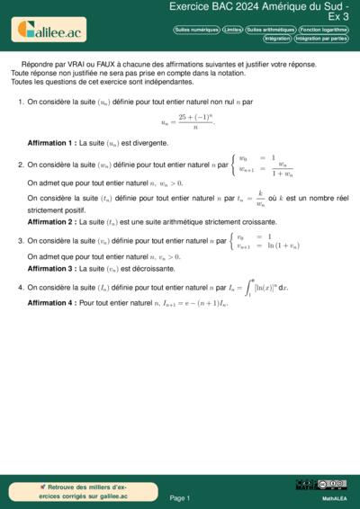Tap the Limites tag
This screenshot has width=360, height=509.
click(x=232, y=30)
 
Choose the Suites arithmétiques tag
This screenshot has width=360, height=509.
click(x=270, y=30)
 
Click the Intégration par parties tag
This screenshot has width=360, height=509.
click(x=320, y=39)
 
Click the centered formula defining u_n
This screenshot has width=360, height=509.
click(x=188, y=121)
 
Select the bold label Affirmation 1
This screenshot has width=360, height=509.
click(x=51, y=143)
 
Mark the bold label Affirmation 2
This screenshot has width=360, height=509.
click(x=51, y=221)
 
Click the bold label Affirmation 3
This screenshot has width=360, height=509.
click(x=51, y=268)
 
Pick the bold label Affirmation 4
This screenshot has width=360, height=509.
click(x=51, y=303)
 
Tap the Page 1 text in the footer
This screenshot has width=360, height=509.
click(x=179, y=497)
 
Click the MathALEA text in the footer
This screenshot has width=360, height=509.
click(x=334, y=497)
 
